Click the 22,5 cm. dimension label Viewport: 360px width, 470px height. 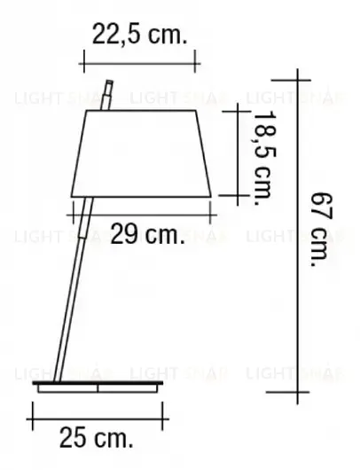140,35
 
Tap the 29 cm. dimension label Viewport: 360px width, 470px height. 146,235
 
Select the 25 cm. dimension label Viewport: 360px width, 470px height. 97,436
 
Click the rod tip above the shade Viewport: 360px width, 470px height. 108,91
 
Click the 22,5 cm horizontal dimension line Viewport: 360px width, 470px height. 137,63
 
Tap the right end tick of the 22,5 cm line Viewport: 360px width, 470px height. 194,63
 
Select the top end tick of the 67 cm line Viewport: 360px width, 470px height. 297,69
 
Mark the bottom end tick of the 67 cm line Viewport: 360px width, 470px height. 297,391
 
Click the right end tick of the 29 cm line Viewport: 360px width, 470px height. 214,208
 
